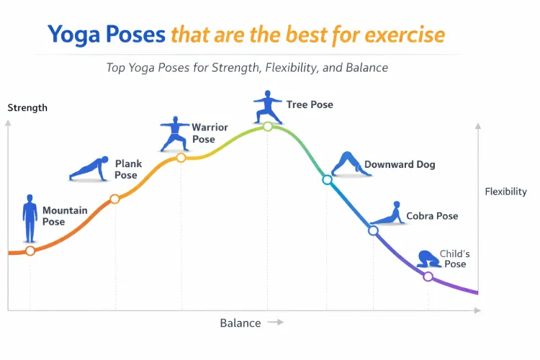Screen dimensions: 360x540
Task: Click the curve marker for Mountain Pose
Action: click(30, 251)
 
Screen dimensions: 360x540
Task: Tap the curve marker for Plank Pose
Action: click(114, 199)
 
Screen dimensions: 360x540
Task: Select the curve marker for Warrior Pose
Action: click(181, 158)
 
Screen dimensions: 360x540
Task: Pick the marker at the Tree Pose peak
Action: click(267, 126)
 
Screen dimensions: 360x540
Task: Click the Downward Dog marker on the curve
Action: click(327, 180)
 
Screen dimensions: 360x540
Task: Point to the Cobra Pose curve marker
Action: click(373, 231)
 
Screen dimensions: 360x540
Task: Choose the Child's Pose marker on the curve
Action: click(428, 276)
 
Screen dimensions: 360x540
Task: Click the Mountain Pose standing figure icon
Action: click(30, 218)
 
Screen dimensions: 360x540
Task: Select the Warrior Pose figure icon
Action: click(174, 133)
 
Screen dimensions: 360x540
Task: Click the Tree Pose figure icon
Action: click(267, 107)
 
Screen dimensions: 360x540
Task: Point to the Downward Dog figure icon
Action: click(346, 165)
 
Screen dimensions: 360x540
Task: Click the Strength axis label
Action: click(27, 108)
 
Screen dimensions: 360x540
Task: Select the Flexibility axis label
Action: click(505, 192)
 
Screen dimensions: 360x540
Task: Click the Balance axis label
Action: click(240, 323)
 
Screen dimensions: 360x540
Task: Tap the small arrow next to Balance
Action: click(275, 323)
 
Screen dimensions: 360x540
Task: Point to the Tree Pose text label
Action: click(310, 104)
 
